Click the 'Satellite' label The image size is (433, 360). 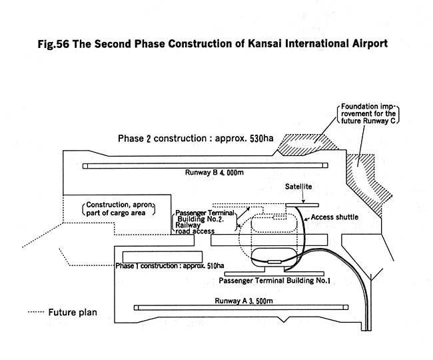coord(298,187)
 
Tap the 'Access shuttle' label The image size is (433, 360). coord(336,217)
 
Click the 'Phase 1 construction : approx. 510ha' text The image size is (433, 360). coord(169,265)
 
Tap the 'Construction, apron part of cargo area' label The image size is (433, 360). coord(119,209)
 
